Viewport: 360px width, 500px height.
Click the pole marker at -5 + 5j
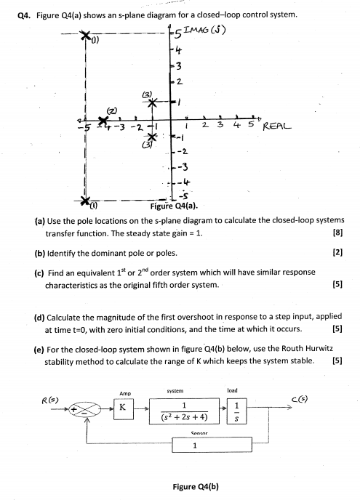tap(86, 36)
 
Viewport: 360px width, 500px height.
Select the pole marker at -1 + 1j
tap(153, 102)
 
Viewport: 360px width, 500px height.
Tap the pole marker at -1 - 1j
tap(152, 137)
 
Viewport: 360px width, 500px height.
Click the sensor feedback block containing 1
tap(193, 446)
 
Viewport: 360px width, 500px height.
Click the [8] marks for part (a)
tap(337, 233)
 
